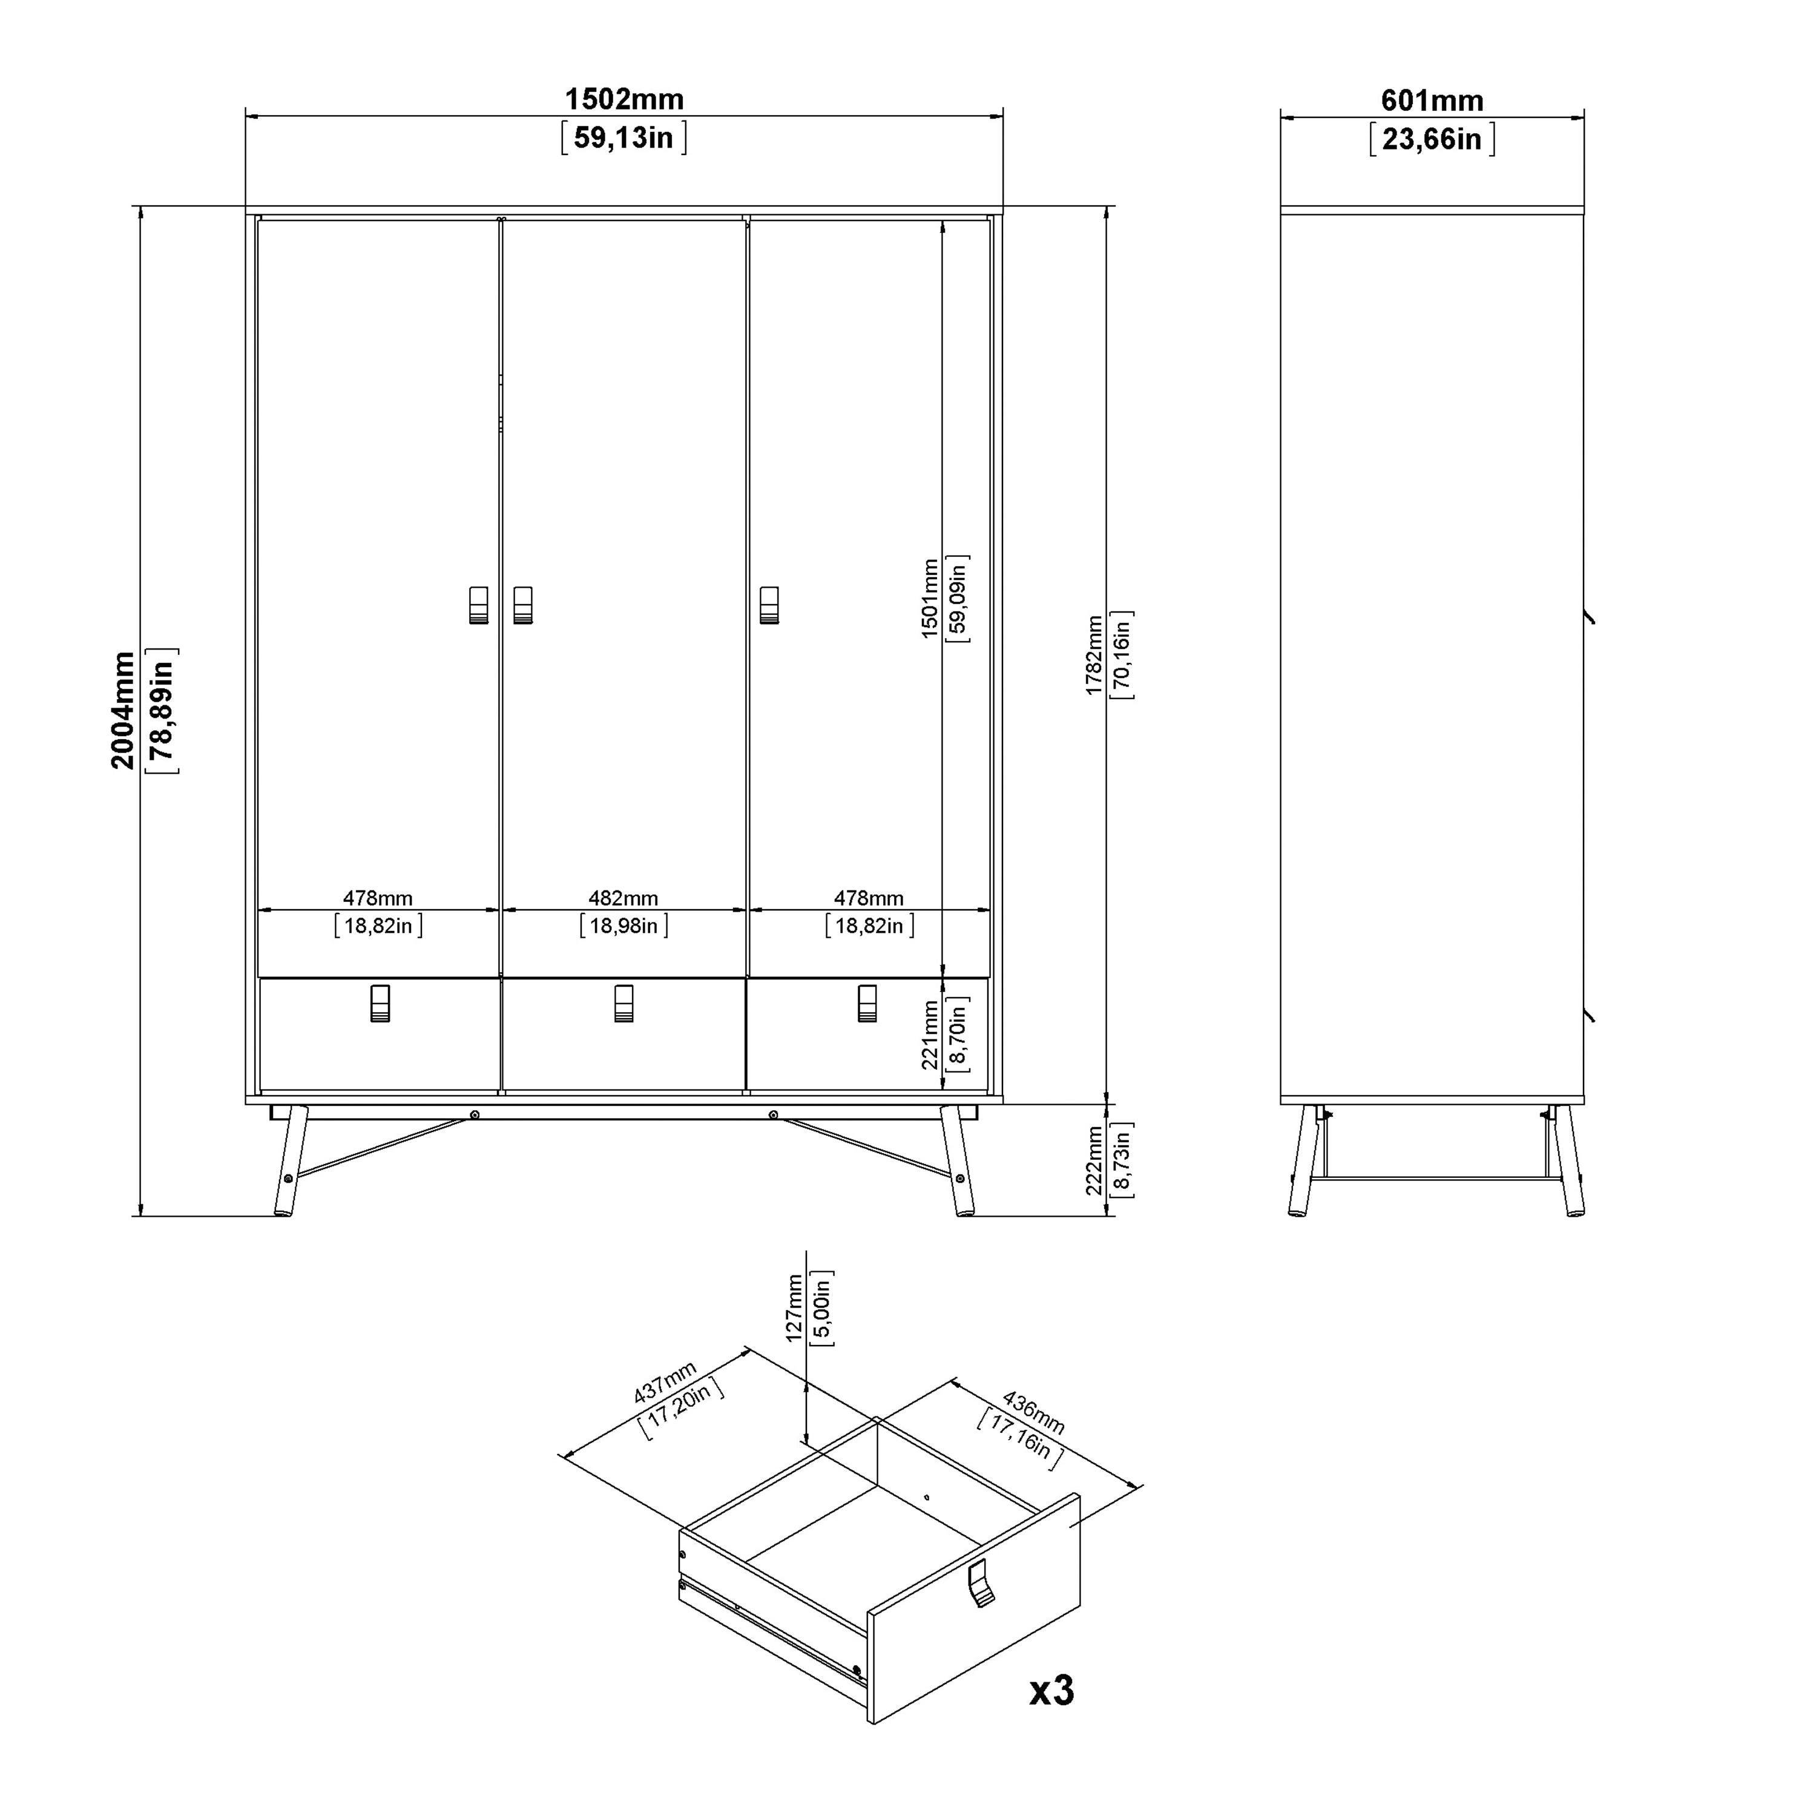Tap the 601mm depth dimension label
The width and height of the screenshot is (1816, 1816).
[1432, 100]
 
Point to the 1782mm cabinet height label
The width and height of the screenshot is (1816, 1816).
[1094, 655]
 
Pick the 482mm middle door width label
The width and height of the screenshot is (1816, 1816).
[623, 898]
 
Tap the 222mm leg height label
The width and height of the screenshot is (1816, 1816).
[1094, 1161]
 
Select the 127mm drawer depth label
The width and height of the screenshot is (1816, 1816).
[794, 1306]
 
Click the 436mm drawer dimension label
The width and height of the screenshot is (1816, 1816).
[1034, 1412]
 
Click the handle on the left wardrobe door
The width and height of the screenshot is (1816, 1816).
[478, 605]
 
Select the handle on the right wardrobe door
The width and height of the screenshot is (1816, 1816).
[769, 605]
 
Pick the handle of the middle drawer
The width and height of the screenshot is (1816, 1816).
[623, 1003]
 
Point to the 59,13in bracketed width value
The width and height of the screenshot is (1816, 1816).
[624, 138]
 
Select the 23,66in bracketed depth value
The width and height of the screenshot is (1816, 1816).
[1432, 139]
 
